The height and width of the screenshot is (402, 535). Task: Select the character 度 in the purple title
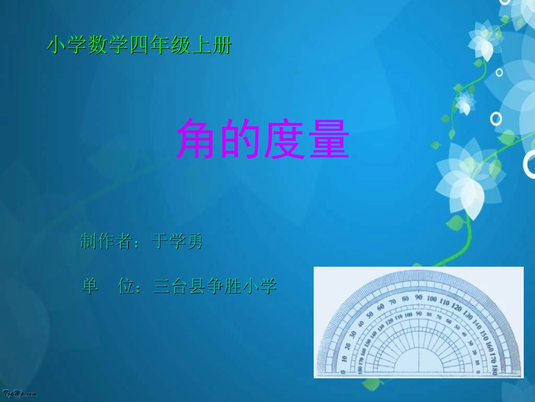coord(285,140)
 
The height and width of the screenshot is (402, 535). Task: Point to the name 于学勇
coord(177,242)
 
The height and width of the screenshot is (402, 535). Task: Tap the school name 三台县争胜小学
coord(215,286)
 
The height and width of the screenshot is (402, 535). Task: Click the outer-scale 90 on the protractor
coord(418,297)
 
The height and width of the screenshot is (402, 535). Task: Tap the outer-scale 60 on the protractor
coord(380,307)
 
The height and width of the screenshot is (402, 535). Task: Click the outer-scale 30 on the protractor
coord(353,333)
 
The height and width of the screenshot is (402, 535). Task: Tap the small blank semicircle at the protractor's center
coord(418,363)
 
